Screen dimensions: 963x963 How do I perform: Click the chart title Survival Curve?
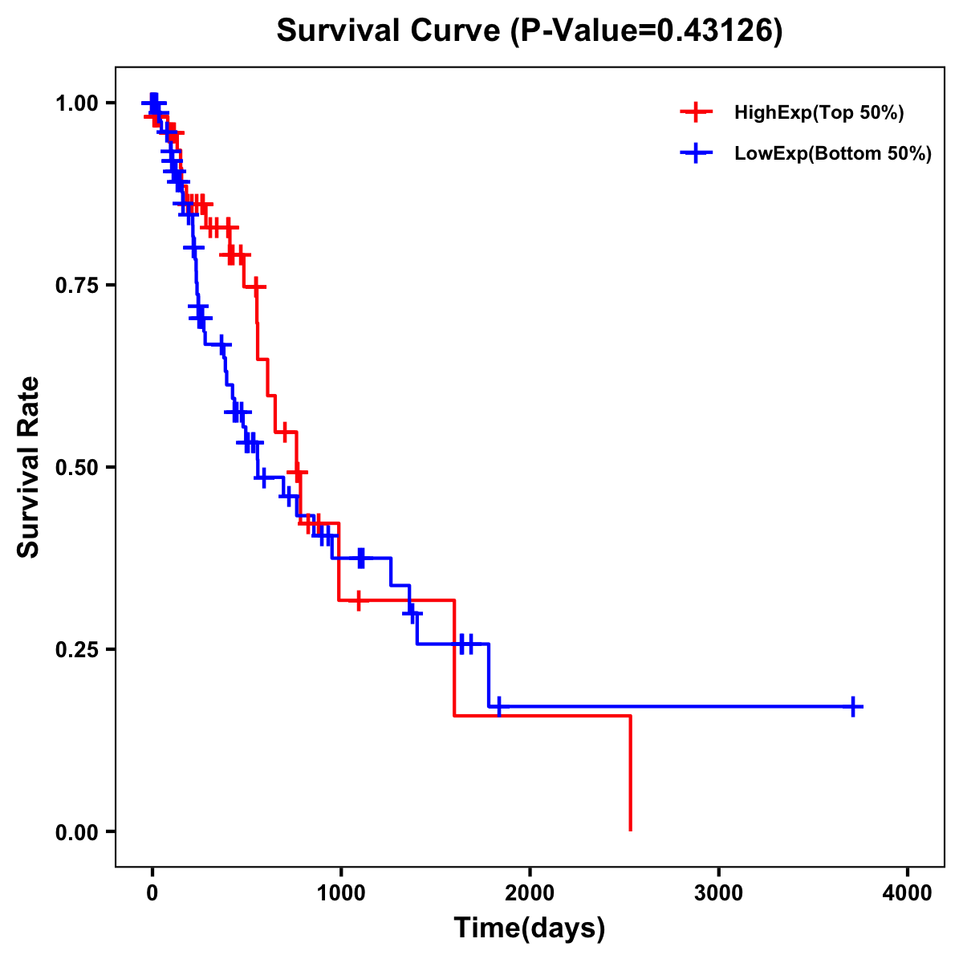click(x=391, y=31)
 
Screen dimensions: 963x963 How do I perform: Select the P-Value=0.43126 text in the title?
click(x=647, y=31)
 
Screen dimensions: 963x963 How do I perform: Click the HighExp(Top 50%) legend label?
click(x=819, y=113)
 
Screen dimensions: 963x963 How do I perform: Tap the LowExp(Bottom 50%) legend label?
click(x=833, y=154)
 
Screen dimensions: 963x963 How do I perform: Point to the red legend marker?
click(x=696, y=112)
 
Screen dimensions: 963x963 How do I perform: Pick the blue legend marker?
click(x=696, y=154)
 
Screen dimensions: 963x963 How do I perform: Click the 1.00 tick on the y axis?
click(x=77, y=104)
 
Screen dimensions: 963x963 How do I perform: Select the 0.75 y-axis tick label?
click(x=77, y=286)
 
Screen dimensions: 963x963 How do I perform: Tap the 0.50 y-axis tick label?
click(x=77, y=468)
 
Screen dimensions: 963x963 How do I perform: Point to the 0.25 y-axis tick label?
click(x=77, y=650)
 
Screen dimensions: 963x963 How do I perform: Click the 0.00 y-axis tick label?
click(x=77, y=832)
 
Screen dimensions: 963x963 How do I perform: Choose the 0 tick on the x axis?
click(x=152, y=893)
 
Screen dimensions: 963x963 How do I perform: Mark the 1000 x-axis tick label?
click(x=341, y=893)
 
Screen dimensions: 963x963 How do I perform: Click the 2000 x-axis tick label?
click(x=530, y=893)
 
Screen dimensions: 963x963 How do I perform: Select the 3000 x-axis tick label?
click(x=719, y=893)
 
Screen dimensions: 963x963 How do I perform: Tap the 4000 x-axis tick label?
click(x=908, y=893)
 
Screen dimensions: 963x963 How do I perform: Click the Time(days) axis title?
click(x=530, y=928)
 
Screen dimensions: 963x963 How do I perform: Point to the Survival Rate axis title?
click(x=29, y=467)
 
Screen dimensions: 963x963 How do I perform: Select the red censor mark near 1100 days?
click(x=359, y=600)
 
